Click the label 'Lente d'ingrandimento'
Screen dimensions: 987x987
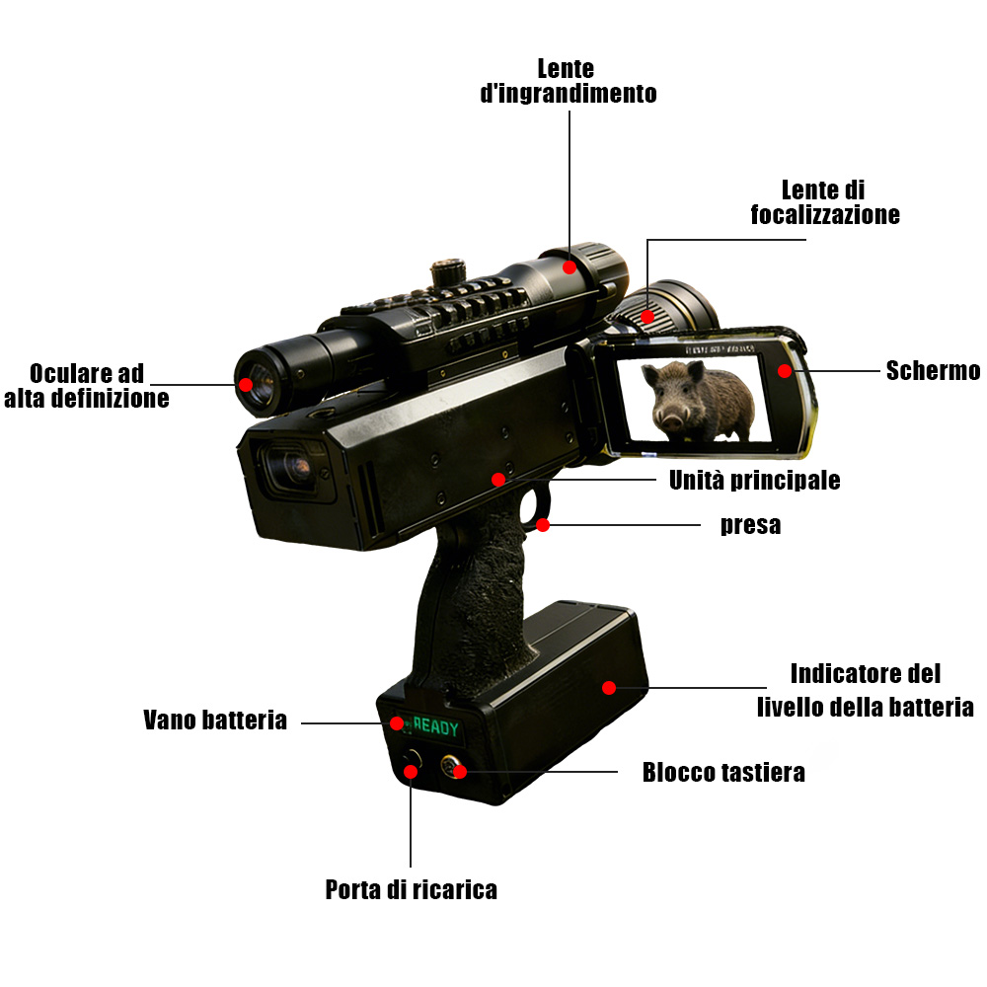568,81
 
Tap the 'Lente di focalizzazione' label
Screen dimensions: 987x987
824,202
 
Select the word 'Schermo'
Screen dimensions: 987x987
933,371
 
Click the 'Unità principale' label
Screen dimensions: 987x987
754,481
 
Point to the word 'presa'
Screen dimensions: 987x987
750,525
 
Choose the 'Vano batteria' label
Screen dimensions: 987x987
214,721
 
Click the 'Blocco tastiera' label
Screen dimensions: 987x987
723,773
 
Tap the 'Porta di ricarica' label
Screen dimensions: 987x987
411,890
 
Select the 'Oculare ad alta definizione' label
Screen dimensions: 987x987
86,386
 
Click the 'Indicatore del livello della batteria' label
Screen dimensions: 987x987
865,691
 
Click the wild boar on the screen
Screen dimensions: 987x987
697,401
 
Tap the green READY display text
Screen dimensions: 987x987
435,727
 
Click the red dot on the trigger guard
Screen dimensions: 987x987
543,524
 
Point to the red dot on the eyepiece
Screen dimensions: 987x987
246,385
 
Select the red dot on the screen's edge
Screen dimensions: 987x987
785,371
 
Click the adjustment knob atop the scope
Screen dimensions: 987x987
447,273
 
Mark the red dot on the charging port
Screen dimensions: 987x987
411,772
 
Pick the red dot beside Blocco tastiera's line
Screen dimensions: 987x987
460,772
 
